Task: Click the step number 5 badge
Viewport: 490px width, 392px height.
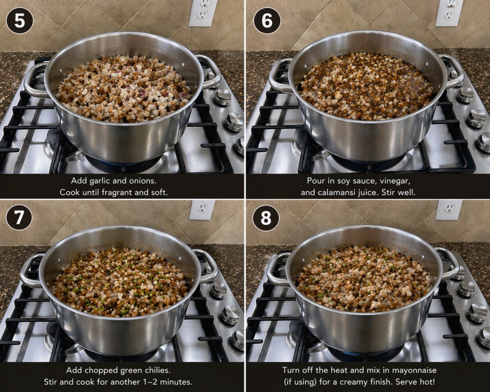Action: (20, 20)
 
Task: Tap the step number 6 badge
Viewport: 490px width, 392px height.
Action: (267, 20)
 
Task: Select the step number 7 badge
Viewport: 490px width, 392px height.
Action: (19, 217)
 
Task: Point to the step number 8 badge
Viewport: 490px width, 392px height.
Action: (266, 218)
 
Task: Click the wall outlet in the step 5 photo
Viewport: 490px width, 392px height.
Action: (203, 12)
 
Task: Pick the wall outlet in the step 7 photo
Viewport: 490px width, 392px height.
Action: (202, 210)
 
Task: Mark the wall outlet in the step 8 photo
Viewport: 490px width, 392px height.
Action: (449, 210)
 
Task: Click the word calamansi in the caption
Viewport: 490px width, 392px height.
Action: (334, 192)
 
